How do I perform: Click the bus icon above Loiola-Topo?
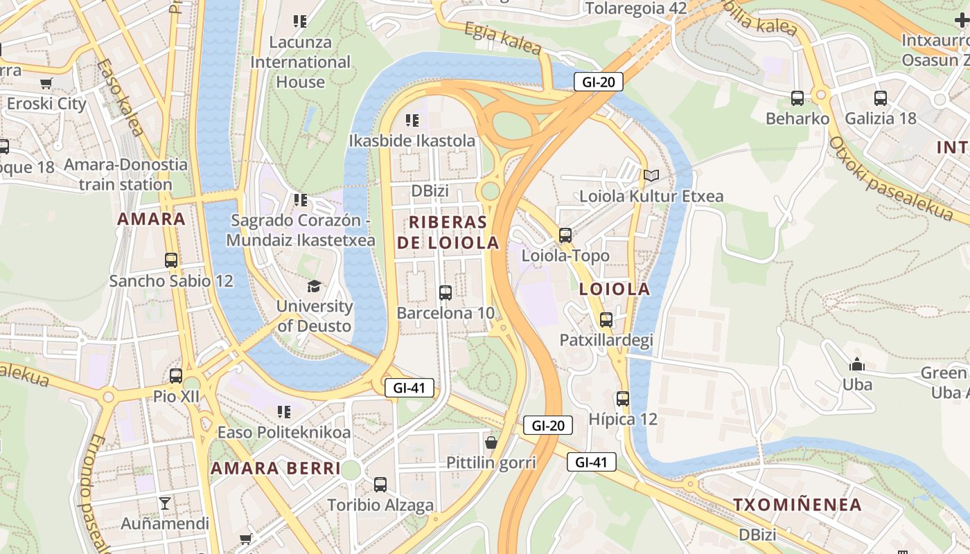point(565,235)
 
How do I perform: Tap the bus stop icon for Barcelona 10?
point(446,292)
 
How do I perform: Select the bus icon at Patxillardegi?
point(606,319)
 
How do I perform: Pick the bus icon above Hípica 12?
point(623,398)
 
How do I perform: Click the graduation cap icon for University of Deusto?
point(315,285)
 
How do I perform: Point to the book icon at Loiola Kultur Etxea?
point(651,175)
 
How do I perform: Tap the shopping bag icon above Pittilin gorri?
point(491,442)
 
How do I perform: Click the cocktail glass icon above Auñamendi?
point(164,503)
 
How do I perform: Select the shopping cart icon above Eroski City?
point(46,84)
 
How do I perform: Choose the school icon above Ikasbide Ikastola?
point(412,120)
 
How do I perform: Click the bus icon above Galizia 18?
point(881,98)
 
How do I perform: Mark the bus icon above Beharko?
point(797,98)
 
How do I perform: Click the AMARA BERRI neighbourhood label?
point(276,468)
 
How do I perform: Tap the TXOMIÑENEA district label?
point(797,504)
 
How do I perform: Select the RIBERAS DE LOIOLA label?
point(448,232)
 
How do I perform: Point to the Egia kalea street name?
point(502,38)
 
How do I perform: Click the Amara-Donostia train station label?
point(125,175)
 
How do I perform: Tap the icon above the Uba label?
point(857,364)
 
